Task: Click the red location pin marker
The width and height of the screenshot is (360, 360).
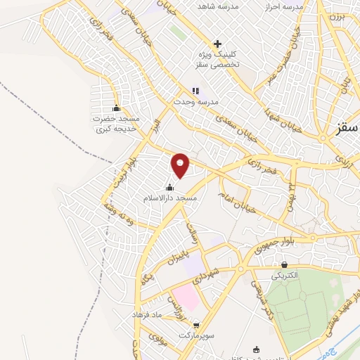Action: (x=181, y=165)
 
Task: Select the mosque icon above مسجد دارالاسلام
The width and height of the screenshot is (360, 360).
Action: (x=169, y=188)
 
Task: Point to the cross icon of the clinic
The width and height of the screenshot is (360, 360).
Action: (x=218, y=44)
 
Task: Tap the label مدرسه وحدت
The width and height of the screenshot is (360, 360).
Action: (x=198, y=102)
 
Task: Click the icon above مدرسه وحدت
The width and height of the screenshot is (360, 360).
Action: (x=195, y=91)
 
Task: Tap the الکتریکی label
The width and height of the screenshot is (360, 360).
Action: (x=283, y=277)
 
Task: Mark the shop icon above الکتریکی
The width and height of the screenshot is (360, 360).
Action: (x=283, y=266)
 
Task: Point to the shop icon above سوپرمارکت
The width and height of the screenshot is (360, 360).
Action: (x=195, y=325)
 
